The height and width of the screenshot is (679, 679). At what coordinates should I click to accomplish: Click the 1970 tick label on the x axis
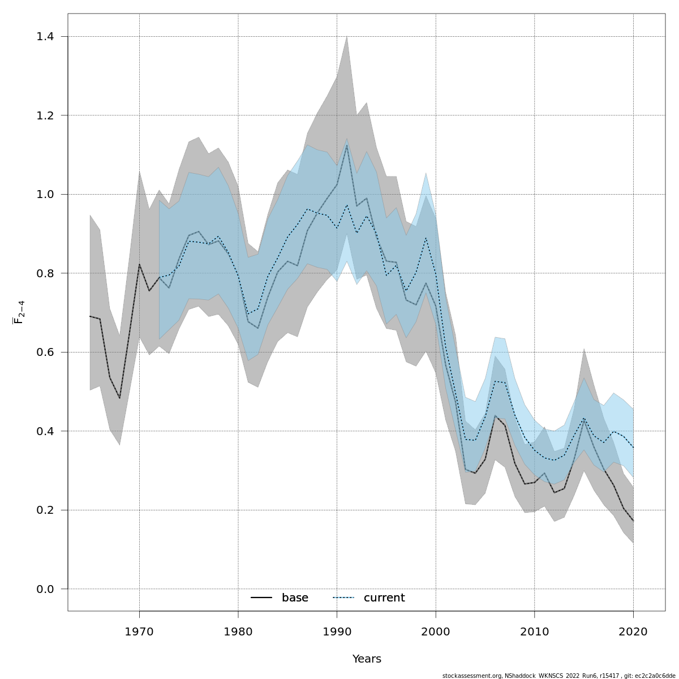(139, 632)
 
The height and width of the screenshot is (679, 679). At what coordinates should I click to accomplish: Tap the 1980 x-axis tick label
(238, 632)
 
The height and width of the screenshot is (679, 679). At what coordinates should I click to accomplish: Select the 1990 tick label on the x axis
(337, 632)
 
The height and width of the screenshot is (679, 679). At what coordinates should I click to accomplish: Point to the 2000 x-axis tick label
(436, 632)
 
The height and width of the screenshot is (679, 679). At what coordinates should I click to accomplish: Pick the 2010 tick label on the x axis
(535, 632)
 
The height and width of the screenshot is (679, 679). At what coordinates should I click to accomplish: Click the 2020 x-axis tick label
(633, 632)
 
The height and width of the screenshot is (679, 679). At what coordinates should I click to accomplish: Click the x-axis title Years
(367, 659)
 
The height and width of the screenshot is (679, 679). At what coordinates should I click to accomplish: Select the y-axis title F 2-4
(19, 312)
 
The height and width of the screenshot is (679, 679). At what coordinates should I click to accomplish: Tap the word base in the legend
(295, 598)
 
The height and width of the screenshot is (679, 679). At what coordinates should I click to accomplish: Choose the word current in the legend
(384, 598)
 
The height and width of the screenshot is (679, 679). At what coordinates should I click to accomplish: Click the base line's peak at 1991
(347, 145)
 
